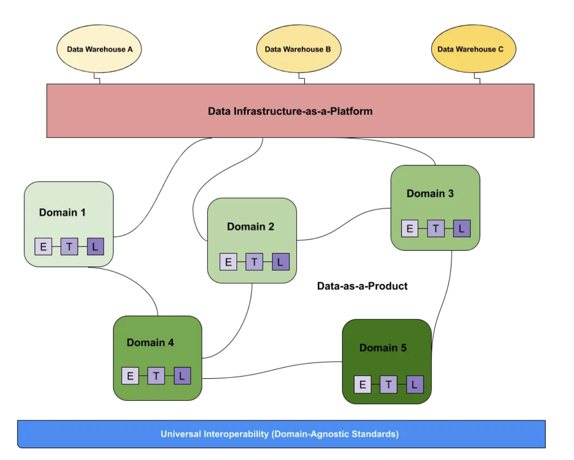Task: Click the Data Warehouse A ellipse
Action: pyautogui.click(x=99, y=49)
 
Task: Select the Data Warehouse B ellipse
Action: pyautogui.click(x=298, y=49)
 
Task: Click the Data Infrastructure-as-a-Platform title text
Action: pyautogui.click(x=290, y=111)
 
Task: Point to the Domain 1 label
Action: pyautogui.click(x=62, y=212)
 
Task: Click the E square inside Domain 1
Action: pyautogui.click(x=43, y=247)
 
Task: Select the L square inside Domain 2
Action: pyautogui.click(x=280, y=262)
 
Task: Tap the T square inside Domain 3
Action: pyautogui.click(x=436, y=228)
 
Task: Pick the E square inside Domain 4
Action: pyautogui.click(x=130, y=376)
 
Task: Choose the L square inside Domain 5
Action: pyautogui.click(x=415, y=385)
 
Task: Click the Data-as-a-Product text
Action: pyautogui.click(x=362, y=286)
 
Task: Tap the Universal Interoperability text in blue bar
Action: pyautogui.click(x=280, y=434)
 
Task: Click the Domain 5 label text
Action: pyautogui.click(x=383, y=348)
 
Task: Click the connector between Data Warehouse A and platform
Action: pyautogui.click(x=96, y=78)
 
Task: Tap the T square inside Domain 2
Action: pyautogui.click(x=254, y=262)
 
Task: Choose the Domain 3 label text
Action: pyautogui.click(x=430, y=193)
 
